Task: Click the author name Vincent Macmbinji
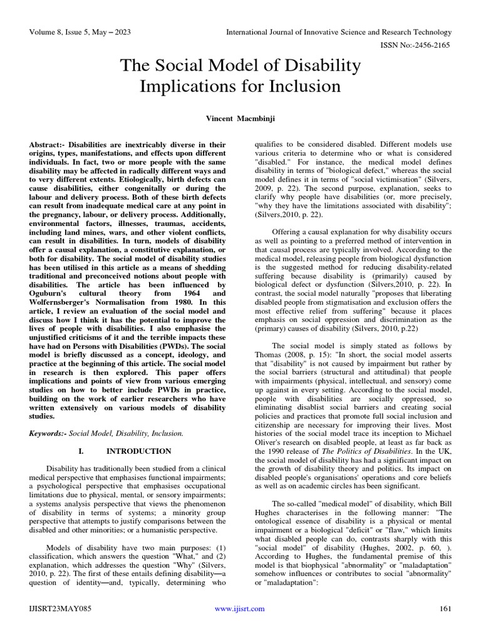pyautogui.click(x=240, y=118)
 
